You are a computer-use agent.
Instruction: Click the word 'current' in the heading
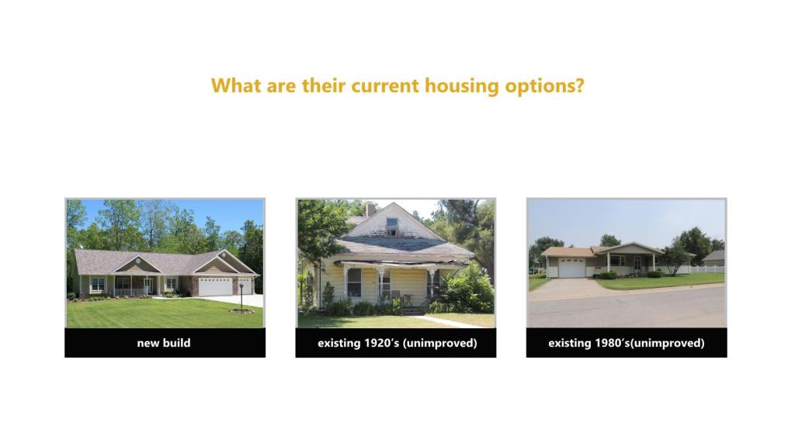[x=385, y=85]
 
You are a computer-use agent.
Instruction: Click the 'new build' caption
[x=164, y=343]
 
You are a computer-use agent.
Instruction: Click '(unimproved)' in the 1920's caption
[x=439, y=343]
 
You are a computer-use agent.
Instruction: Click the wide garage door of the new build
[x=215, y=287]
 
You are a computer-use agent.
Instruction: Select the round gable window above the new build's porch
[x=137, y=261]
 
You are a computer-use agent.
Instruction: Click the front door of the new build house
[x=147, y=286]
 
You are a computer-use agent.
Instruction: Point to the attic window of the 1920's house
[x=392, y=226]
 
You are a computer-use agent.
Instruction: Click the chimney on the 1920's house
[x=370, y=210]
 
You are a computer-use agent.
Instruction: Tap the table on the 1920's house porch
[x=408, y=300]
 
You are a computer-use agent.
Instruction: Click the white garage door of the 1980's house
[x=572, y=268]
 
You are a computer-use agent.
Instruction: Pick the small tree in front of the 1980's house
[x=675, y=256]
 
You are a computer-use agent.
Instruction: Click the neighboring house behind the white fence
[x=714, y=257]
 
